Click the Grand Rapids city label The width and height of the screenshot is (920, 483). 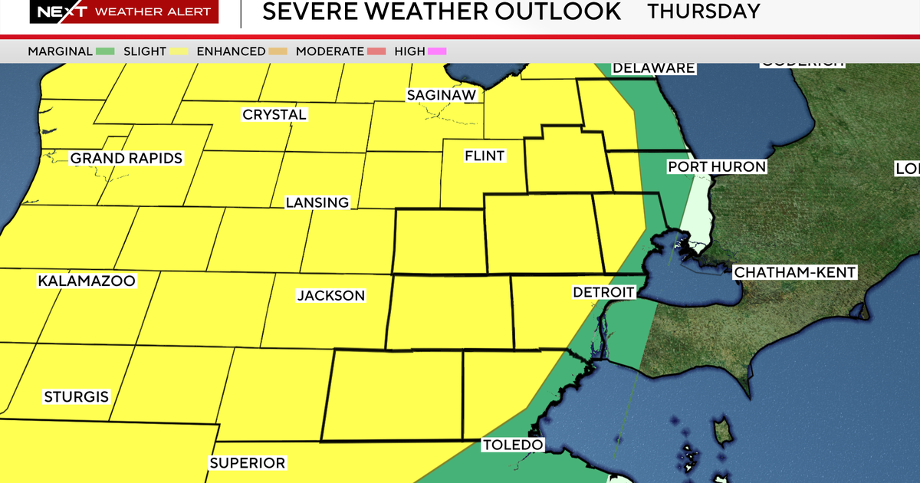[x=127, y=159]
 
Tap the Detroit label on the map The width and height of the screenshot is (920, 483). [x=604, y=292]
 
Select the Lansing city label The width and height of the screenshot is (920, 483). [x=317, y=202]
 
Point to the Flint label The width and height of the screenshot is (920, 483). [x=485, y=156]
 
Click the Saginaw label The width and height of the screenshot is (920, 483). [x=442, y=95]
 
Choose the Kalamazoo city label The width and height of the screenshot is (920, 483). [x=87, y=281]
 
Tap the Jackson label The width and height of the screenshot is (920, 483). [x=331, y=295]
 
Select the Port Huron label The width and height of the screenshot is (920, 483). [x=717, y=166]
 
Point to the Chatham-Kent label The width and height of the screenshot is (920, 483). [x=795, y=272]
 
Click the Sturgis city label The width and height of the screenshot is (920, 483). [x=77, y=397]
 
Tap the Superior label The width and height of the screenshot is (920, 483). [x=248, y=463]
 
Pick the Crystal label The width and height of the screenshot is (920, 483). [x=274, y=114]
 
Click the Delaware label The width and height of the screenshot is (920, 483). [x=653, y=67]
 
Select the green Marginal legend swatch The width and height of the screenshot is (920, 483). [x=106, y=51]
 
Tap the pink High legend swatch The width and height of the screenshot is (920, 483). [x=438, y=51]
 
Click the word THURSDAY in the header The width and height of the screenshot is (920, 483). [x=704, y=11]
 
